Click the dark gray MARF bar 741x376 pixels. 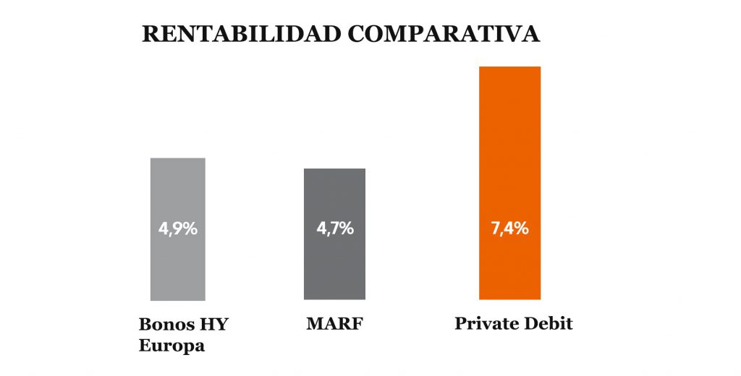coord(334,268)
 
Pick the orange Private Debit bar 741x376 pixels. coord(509,145)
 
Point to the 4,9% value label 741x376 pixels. coord(178,229)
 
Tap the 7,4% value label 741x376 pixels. coord(509,229)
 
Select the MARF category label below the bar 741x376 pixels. coord(334,323)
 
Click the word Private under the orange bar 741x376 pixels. coord(483,323)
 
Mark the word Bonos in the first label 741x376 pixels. coord(164,324)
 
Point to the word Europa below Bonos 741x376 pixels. coord(172,346)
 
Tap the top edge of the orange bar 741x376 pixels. coord(509,67)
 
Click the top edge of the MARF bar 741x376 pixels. coord(334,169)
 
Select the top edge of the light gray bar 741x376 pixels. coord(178,158)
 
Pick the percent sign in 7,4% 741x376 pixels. coord(521,229)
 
